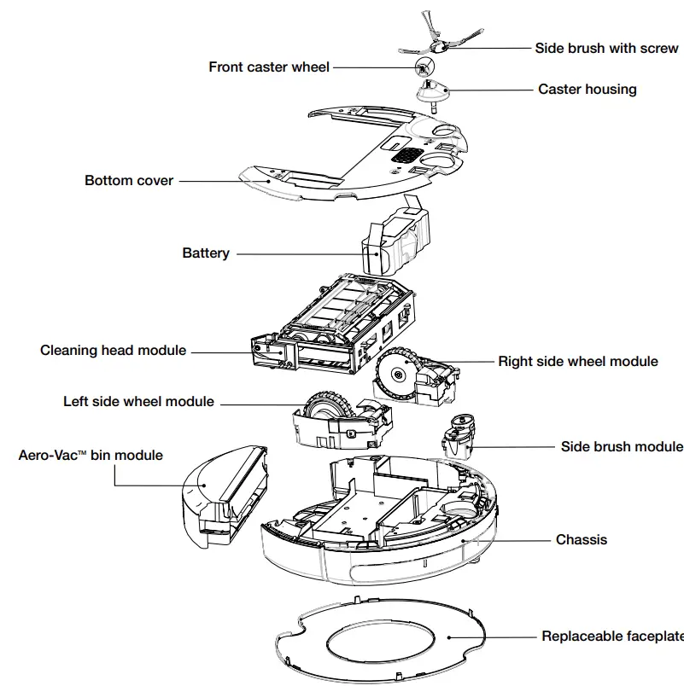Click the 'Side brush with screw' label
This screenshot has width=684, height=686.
point(606,48)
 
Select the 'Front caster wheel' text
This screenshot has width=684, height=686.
point(269,67)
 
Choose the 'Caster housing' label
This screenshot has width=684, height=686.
point(587,89)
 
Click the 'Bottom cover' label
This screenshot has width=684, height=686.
point(129,180)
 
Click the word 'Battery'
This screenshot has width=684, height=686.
point(206,253)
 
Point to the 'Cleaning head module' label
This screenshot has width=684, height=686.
point(113,350)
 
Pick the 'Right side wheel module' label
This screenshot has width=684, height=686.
point(578,361)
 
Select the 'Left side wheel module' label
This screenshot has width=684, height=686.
point(138,401)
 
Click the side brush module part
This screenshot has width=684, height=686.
point(459,434)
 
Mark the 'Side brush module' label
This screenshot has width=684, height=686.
point(621,446)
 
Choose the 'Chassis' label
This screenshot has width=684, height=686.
point(582,539)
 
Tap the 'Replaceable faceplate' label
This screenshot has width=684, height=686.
point(611,637)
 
